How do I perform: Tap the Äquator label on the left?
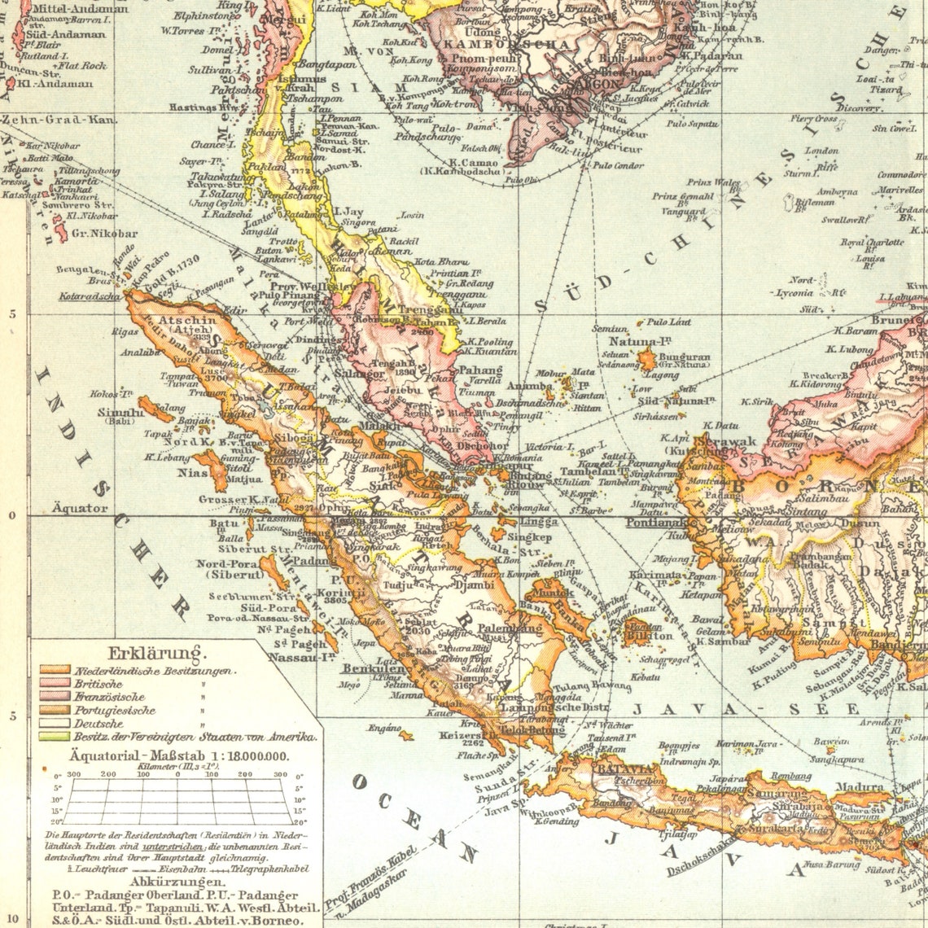click(81, 508)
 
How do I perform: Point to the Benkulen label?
click(368, 668)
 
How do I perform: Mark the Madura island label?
click(862, 787)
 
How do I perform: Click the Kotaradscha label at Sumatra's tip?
click(89, 296)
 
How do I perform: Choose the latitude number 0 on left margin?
click(12, 515)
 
